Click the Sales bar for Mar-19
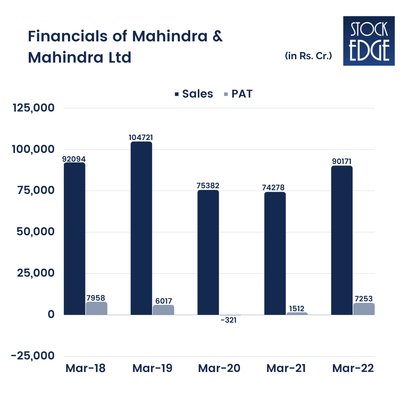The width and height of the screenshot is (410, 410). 141,228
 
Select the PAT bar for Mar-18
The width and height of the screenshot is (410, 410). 96,308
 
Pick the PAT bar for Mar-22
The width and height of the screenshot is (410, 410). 364,309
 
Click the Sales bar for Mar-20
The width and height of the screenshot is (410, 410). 208,252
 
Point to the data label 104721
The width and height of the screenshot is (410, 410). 141,137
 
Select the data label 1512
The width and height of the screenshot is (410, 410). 297,308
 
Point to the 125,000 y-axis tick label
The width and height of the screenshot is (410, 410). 34,108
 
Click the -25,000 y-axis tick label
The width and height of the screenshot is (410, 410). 33,356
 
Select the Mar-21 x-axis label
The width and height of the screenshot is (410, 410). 286,368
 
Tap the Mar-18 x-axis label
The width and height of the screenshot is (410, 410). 85,368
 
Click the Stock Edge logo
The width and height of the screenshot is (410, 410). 369,41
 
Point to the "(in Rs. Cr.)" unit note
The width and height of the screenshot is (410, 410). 309,56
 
